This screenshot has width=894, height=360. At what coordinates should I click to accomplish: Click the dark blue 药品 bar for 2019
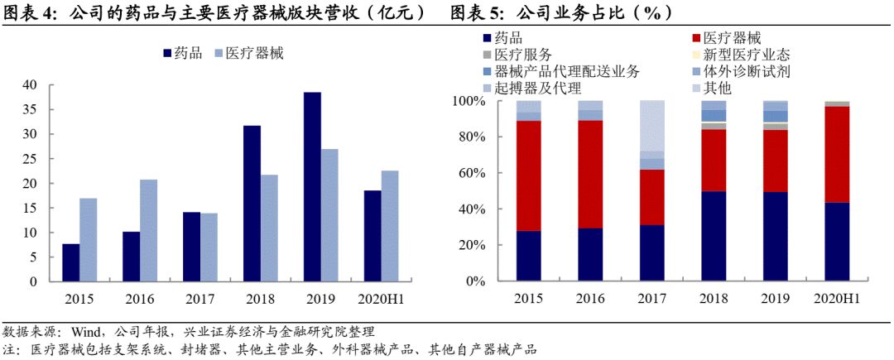[312, 187]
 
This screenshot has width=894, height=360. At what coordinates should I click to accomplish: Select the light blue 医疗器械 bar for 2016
[149, 231]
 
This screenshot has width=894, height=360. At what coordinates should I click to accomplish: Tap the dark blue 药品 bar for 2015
[71, 263]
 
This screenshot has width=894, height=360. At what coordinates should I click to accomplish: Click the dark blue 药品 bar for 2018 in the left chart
[252, 204]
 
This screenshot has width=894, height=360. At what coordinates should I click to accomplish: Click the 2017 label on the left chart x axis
[199, 299]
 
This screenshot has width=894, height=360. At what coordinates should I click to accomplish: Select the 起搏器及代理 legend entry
[537, 89]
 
